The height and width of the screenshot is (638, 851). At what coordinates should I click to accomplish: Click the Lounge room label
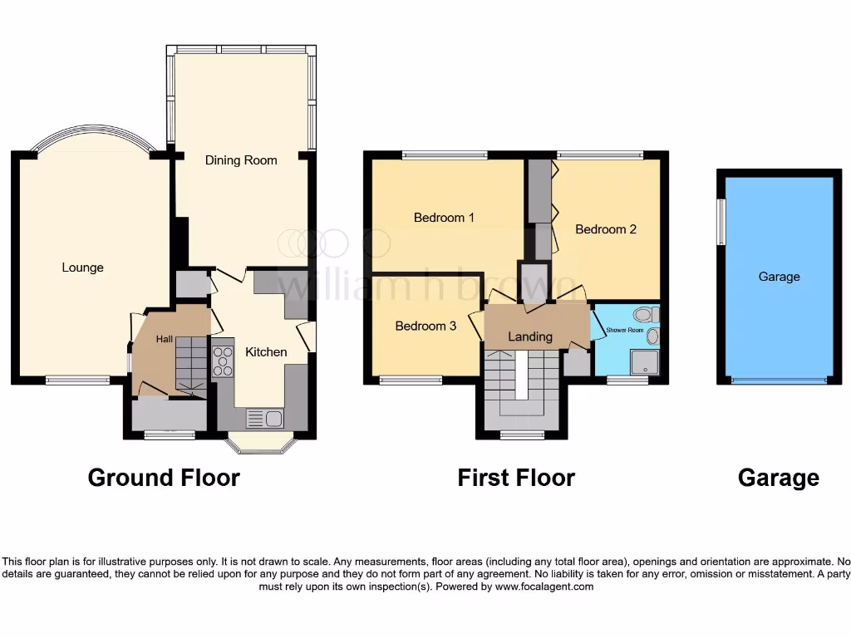coord(82,267)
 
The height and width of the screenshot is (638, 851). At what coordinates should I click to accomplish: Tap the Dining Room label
coord(241,159)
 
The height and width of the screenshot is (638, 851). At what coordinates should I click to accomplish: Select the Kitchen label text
coord(266,352)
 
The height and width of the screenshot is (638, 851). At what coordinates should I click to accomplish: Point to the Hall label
coord(165,339)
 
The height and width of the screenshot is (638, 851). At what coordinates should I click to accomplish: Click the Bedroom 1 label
coord(444,218)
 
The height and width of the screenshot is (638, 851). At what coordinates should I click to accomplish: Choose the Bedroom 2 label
coord(606,229)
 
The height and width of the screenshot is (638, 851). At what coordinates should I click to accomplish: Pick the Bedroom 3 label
coord(425,326)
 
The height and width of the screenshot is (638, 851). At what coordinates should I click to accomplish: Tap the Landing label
coord(530,336)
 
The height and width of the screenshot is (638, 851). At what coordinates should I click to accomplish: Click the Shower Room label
coord(625,330)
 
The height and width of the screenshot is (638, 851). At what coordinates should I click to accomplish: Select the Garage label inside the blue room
coord(779,277)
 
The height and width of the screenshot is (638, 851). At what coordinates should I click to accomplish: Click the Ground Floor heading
coord(164,478)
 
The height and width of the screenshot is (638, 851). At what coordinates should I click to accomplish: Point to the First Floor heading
coord(516,478)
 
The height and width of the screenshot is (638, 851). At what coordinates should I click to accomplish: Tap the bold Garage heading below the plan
coord(778,478)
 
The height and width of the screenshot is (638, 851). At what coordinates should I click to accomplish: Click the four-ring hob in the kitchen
coord(223,361)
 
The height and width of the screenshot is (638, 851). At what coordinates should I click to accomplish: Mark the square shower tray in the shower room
coord(644,361)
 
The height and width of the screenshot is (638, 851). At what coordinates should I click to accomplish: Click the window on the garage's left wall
coord(722,221)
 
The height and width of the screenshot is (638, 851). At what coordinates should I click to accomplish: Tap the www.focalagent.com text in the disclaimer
coord(544,586)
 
